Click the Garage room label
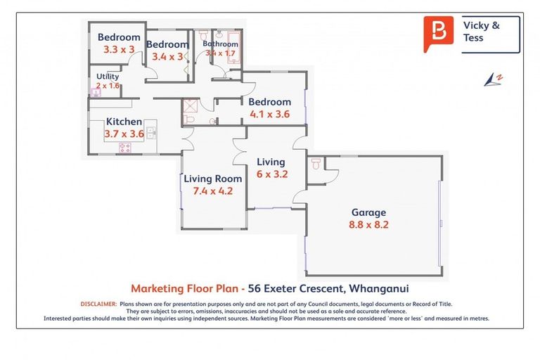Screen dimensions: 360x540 [x=368, y=212]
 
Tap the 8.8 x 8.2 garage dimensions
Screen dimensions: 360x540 [x=368, y=226]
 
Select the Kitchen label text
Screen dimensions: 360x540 [x=124, y=122]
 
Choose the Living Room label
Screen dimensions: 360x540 [x=212, y=179]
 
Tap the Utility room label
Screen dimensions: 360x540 [x=108, y=77]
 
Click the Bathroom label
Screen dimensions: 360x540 [x=220, y=44]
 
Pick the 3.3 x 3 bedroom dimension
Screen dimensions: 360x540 [x=118, y=50]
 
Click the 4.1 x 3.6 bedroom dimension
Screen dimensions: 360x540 [x=269, y=115]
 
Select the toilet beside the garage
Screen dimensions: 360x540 [x=316, y=164]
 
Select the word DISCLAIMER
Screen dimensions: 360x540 [x=98, y=304]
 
